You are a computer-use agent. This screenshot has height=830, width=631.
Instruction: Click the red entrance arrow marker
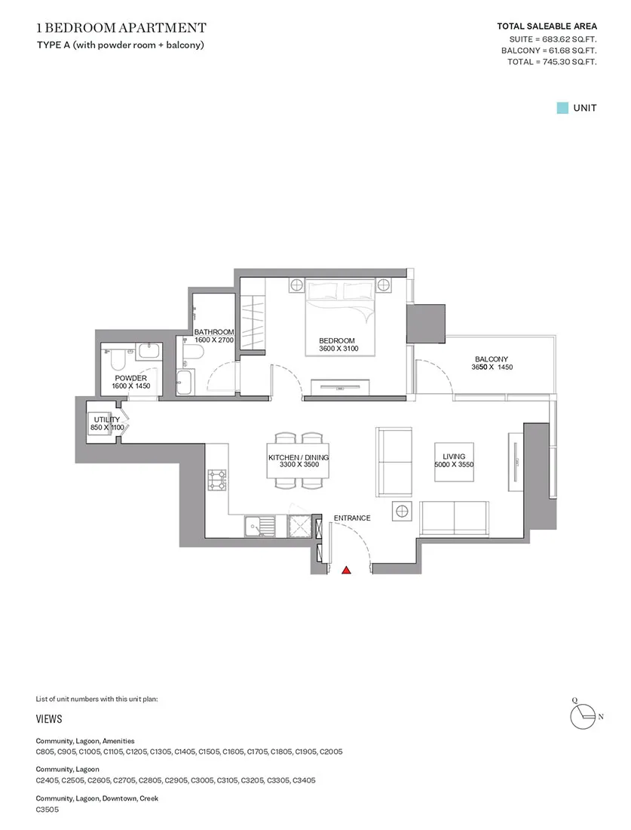pos(346,570)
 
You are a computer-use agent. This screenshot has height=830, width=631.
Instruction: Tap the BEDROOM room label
pos(337,340)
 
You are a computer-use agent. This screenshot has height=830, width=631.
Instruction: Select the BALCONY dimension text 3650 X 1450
pos(492,367)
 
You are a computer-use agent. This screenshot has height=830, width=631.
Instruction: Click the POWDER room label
pos(130,378)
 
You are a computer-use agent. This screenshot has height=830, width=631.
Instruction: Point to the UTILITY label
pos(107,420)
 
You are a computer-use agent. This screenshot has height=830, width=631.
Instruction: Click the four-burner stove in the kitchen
pos(217,480)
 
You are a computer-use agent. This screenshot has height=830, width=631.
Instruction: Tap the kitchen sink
pos(260,527)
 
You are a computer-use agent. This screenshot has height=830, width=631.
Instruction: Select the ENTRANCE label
pos(352,518)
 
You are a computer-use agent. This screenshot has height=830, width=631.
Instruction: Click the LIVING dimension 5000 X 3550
pos(454,464)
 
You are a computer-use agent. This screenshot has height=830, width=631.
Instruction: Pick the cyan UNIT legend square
pos(562,108)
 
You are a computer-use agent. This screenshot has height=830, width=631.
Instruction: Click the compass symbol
pos(584,716)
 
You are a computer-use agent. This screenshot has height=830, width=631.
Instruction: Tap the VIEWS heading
pos(49,719)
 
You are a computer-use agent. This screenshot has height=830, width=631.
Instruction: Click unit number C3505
pos(47,810)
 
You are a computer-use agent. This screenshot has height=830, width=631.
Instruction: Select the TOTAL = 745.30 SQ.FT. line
pos(552,62)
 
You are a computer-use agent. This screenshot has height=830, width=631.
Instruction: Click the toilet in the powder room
pos(118,360)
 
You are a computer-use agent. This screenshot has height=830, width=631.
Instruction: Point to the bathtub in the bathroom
pos(185,383)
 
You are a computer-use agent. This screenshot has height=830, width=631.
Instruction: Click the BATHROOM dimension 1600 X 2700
pos(213,340)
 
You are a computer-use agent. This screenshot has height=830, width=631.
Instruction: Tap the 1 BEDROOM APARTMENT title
pos(121,27)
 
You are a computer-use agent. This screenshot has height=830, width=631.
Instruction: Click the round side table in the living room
pos(402,512)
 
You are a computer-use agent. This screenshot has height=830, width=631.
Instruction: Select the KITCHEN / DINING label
pos(299,457)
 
